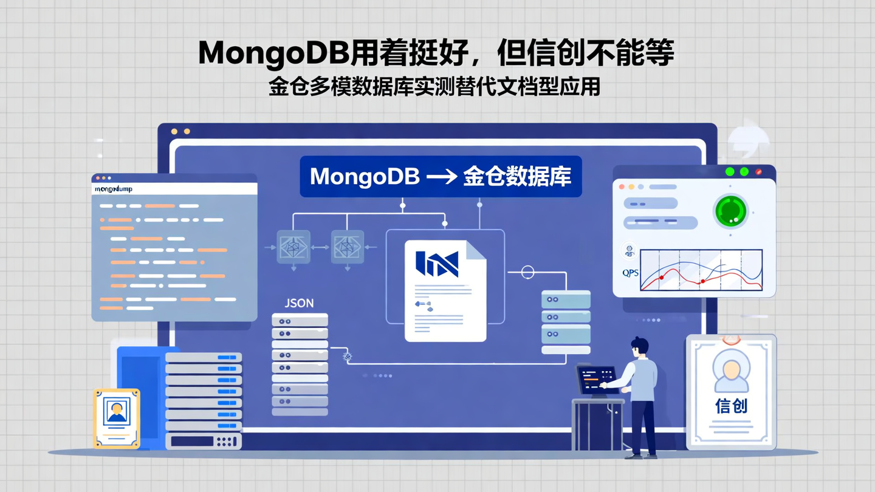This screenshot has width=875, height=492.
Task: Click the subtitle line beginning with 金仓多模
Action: click(x=434, y=87)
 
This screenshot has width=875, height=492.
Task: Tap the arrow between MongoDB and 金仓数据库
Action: click(x=442, y=177)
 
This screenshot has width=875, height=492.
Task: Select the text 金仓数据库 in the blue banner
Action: click(x=516, y=177)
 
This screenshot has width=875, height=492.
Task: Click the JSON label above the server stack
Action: click(x=299, y=303)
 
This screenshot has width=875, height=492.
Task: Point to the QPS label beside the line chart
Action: click(x=630, y=273)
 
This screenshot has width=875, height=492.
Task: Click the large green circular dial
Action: click(x=730, y=211)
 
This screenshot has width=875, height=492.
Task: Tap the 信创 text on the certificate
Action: click(x=731, y=406)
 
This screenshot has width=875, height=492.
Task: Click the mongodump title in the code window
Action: click(x=114, y=189)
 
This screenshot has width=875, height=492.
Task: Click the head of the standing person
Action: click(x=639, y=347)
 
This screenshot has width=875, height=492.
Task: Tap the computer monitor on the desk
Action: click(x=595, y=380)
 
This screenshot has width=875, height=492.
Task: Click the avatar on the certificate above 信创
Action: click(x=731, y=369)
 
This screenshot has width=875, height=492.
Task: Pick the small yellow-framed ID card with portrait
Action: click(x=117, y=419)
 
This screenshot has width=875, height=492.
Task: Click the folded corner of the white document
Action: click(x=476, y=250)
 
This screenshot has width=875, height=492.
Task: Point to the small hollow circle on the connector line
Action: click(x=527, y=273)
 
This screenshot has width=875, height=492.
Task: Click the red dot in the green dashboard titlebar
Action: click(x=758, y=172)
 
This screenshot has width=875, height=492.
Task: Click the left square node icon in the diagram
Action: click(x=293, y=247)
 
